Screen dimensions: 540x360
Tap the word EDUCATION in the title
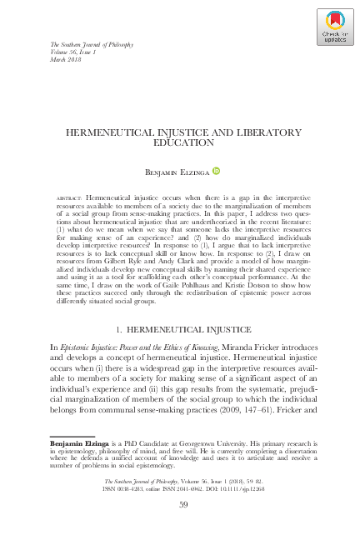(179, 142)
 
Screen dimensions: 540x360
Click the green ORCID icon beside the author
(217, 168)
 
